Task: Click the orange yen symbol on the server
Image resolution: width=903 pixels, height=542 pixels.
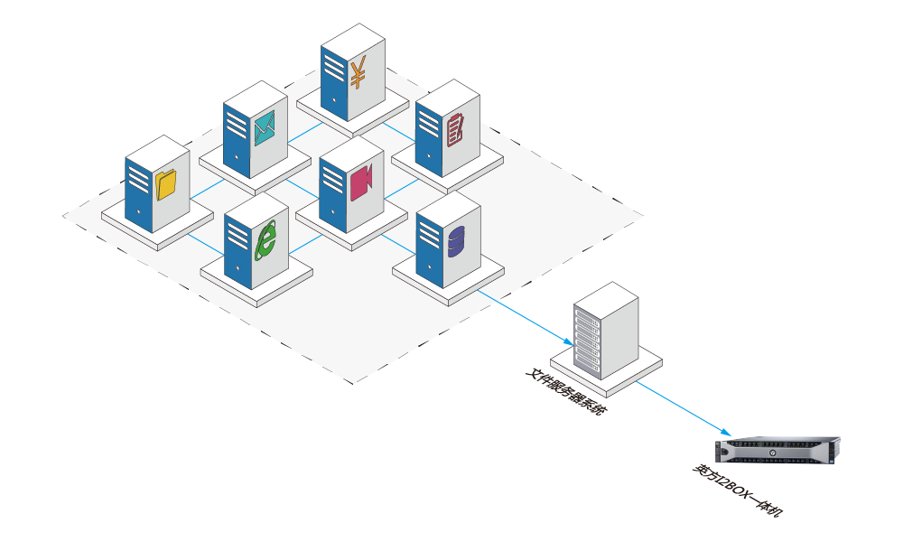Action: (358, 73)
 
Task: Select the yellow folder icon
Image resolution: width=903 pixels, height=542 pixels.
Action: (165, 184)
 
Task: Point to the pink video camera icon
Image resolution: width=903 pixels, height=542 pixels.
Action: (361, 182)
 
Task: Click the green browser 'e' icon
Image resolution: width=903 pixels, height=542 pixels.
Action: (266, 240)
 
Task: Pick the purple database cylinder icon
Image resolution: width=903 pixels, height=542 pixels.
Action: (456, 240)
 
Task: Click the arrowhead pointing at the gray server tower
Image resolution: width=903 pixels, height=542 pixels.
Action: (569, 344)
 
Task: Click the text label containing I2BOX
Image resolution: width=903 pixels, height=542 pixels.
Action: (737, 492)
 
